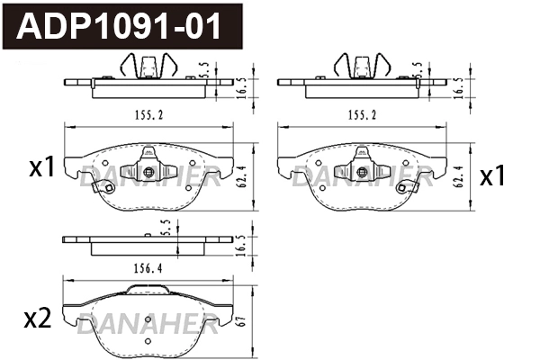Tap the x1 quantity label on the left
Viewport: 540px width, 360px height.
click(42, 166)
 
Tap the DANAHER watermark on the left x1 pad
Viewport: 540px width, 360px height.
click(148, 175)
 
